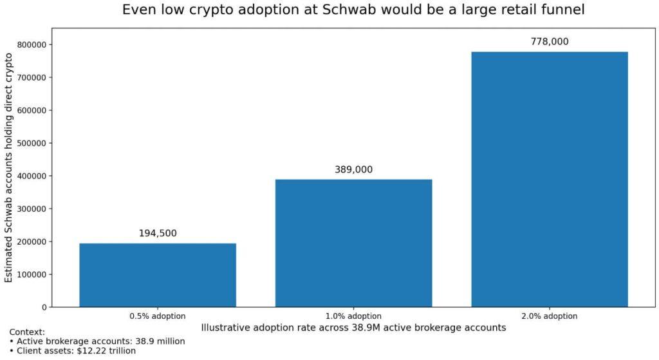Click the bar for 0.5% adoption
158,275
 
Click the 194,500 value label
158,233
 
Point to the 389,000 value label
353,170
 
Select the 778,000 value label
549,42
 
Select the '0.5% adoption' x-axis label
158,316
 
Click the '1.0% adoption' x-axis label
353,316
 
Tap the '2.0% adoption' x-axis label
549,316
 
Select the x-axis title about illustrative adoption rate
353,327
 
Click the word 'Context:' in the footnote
27,332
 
